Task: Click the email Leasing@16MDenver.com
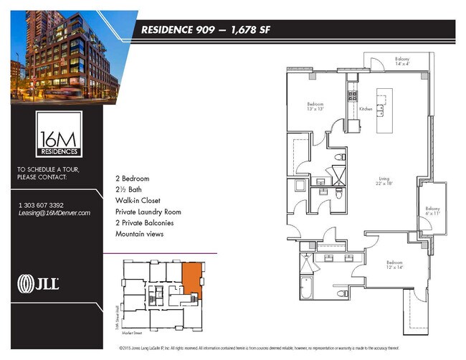(x=54, y=213)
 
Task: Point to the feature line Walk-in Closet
(x=138, y=200)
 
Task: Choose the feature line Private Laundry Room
(x=148, y=212)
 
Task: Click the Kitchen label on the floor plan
(x=366, y=109)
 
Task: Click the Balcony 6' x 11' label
(x=434, y=212)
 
